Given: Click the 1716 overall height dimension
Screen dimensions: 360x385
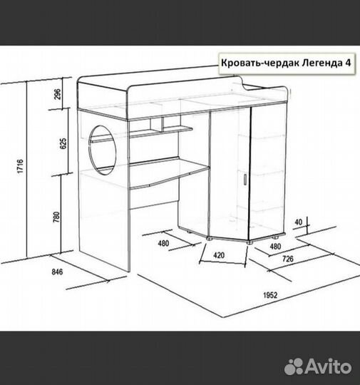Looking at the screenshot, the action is tap(21, 166).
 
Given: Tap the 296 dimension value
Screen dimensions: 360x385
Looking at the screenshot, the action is tap(57, 93).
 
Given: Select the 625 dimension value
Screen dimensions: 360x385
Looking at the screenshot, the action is tap(63, 143).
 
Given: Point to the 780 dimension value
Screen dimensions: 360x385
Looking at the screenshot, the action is tap(56, 217).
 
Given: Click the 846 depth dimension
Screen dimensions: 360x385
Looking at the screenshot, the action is tap(57, 272).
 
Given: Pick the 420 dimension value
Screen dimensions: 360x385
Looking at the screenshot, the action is tap(219, 255).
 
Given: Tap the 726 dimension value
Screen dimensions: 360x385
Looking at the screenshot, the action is tap(288, 259).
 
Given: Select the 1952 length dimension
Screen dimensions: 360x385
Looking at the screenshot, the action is tap(270, 295).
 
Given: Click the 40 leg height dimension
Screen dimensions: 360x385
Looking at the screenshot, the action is tap(298, 222).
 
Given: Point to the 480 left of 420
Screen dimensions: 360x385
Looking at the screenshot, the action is tap(163, 243).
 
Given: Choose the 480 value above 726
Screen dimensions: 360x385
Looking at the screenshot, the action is tap(275, 246).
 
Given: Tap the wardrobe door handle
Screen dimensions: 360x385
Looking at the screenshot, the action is tap(245, 179).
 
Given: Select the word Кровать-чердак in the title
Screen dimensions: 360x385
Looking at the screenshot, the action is tap(260, 63).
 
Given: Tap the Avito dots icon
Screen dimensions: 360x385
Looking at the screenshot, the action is tap(293, 366).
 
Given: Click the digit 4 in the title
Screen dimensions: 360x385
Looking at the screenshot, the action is tap(347, 63).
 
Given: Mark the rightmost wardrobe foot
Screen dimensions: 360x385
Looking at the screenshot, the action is tap(275, 237).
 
